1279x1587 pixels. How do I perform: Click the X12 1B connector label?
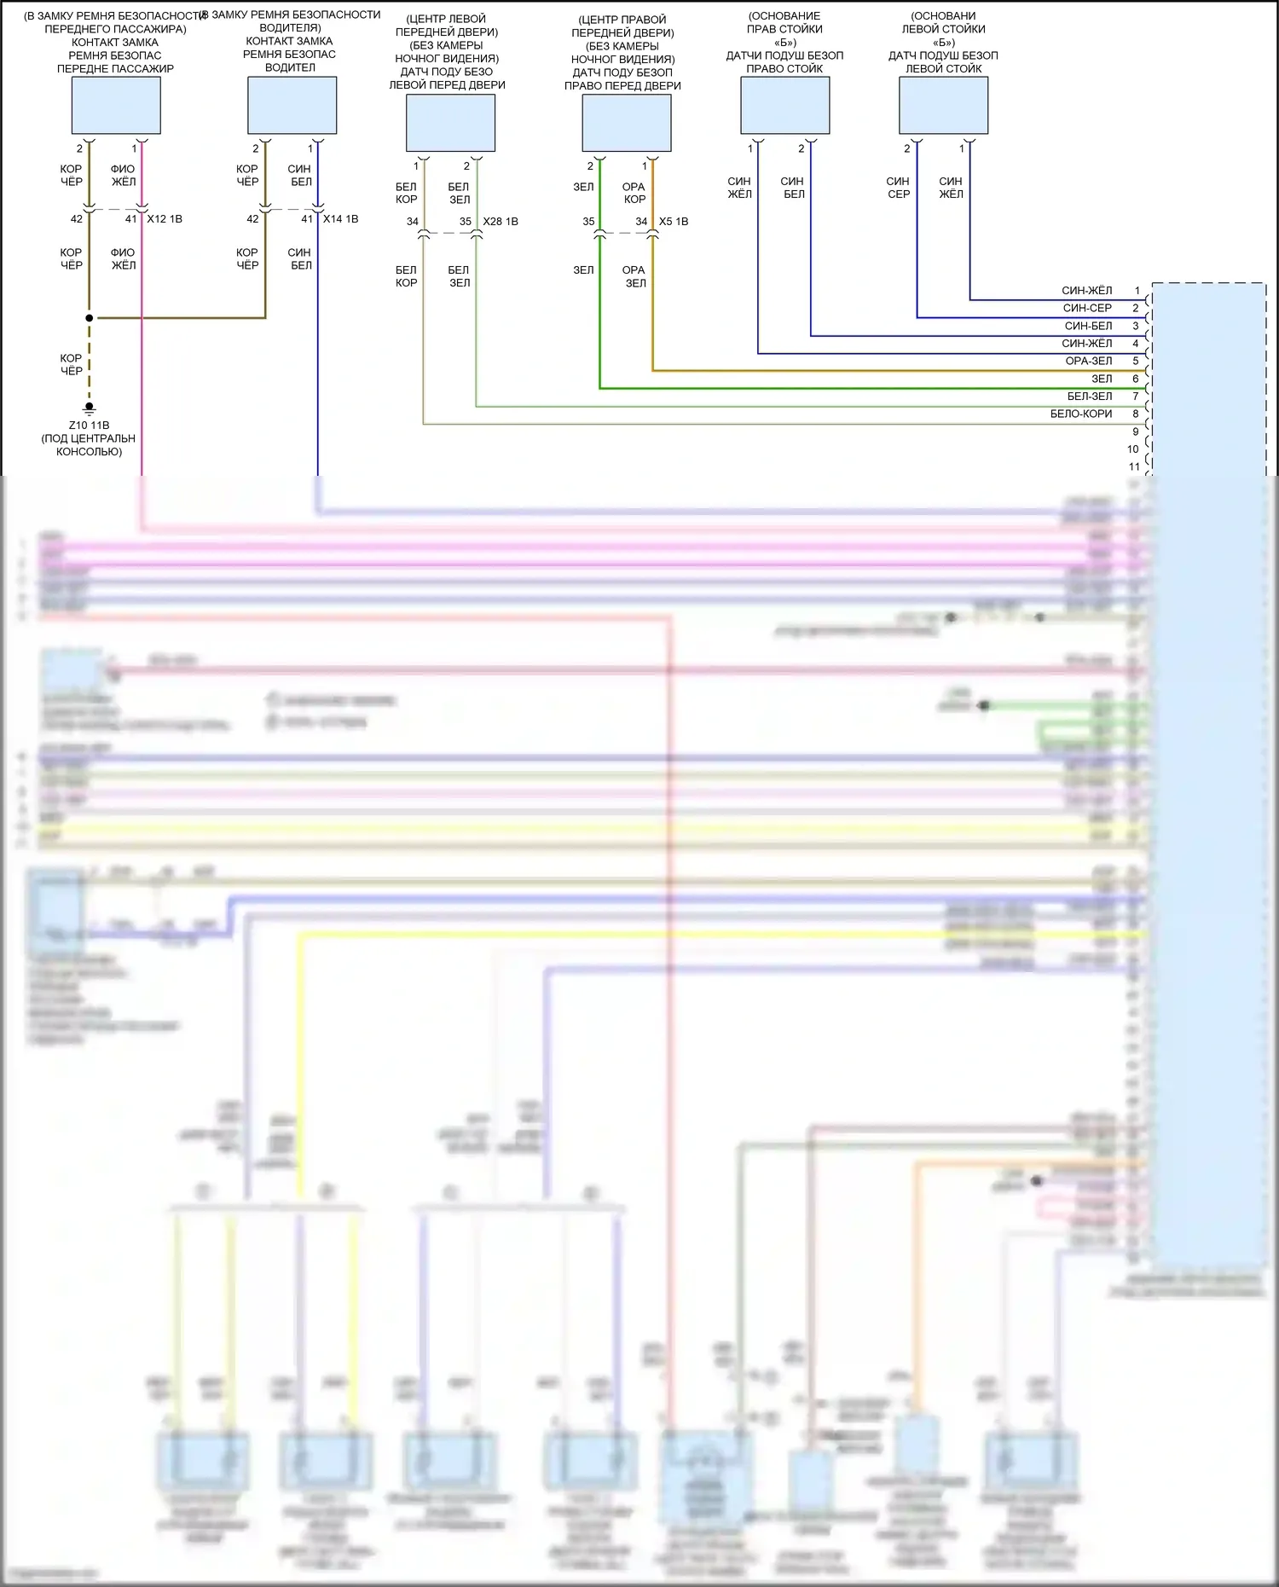[x=165, y=219]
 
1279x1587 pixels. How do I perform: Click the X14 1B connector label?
[x=340, y=219]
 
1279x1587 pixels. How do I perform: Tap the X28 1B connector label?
[x=501, y=222]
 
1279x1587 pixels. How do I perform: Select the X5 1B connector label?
[x=674, y=222]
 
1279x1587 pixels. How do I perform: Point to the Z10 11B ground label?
[x=89, y=425]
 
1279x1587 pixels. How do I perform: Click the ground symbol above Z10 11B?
[x=89, y=408]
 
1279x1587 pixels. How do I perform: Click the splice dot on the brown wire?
[x=89, y=318]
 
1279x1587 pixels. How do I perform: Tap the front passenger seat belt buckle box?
[x=116, y=105]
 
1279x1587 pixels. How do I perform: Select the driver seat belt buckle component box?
[x=292, y=105]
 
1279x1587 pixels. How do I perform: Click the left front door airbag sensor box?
[x=450, y=123]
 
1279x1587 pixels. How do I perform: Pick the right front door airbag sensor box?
[x=626, y=123]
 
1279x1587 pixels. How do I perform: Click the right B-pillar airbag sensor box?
[x=784, y=105]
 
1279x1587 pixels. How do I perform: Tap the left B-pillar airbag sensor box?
[x=943, y=105]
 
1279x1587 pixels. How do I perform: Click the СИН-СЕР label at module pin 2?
[x=1087, y=308]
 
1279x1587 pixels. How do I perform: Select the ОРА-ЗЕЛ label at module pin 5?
[x=1089, y=361]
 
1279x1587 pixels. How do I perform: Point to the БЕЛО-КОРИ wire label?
[x=1081, y=414]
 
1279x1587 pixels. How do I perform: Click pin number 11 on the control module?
[x=1134, y=466]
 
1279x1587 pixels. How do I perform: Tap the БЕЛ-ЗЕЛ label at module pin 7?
[x=1090, y=396]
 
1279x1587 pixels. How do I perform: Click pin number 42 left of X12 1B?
[x=77, y=219]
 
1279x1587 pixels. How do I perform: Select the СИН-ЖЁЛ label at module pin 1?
[x=1087, y=291]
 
